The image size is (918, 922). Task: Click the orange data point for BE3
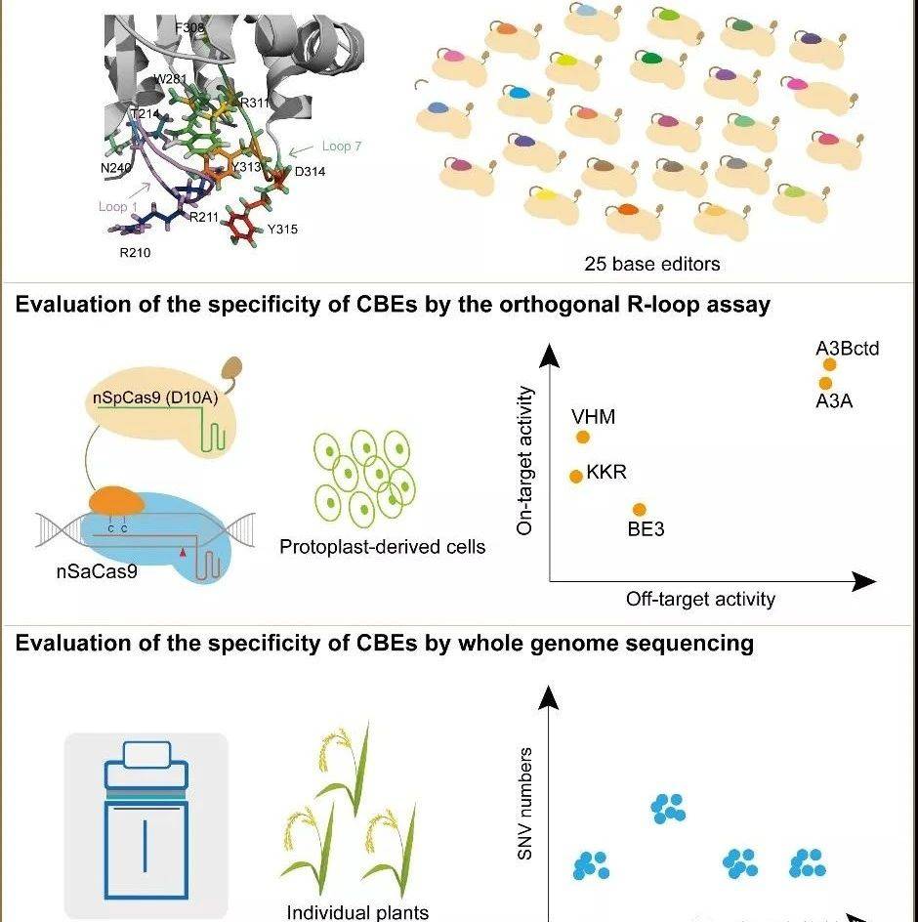[640, 509]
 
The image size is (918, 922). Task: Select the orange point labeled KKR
[576, 476]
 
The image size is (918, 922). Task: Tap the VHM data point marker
[583, 437]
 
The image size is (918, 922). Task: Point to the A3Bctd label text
[848, 349]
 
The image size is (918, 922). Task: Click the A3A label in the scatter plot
[835, 400]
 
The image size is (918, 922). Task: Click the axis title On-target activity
[526, 460]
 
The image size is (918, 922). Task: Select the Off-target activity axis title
[700, 599]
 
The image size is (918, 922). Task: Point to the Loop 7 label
[342, 147]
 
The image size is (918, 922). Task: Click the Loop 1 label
[114, 206]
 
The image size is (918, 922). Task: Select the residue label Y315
[282, 230]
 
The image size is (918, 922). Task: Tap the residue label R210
[136, 252]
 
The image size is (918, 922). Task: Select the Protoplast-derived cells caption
[382, 546]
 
